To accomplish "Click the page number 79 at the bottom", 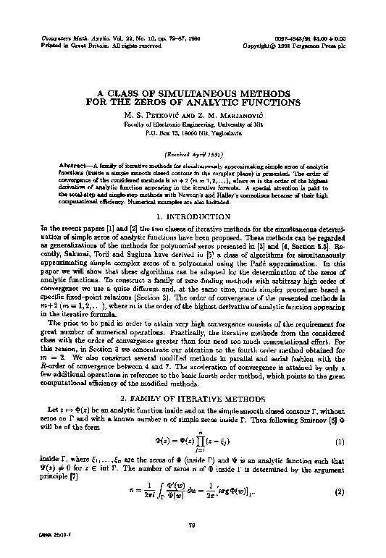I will click(x=193, y=525).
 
